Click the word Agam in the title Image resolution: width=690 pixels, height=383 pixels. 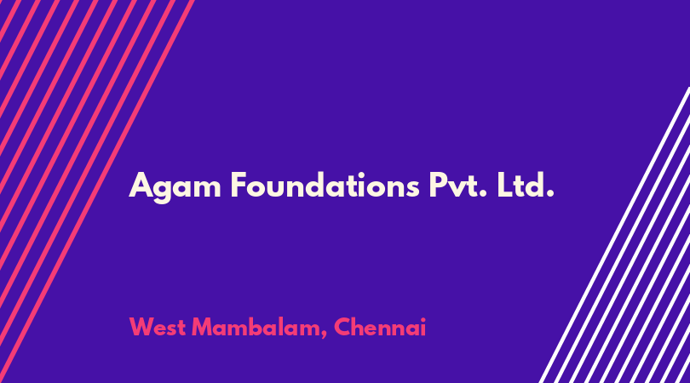click(175, 187)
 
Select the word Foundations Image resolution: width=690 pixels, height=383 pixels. click(325, 186)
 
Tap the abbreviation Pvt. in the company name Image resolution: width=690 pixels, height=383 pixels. click(458, 186)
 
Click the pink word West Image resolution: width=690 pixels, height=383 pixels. click(157, 327)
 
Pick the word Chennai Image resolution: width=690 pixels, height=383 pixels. click(380, 327)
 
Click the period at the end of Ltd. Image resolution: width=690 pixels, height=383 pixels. click(549, 194)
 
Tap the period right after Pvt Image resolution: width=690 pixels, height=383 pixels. click(483, 194)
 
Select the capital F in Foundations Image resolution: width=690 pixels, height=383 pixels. click(239, 186)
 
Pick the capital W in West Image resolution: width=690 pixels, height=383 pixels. click(144, 327)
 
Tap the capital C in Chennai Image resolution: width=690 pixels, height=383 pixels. click(342, 327)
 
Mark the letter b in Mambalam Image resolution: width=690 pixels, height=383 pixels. click(258, 327)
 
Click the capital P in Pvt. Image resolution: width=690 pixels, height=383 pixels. click(439, 186)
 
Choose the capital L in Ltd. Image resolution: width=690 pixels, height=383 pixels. click(505, 186)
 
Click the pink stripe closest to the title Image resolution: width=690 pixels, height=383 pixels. click(97, 191)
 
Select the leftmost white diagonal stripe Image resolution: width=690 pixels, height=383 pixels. click(614, 235)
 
